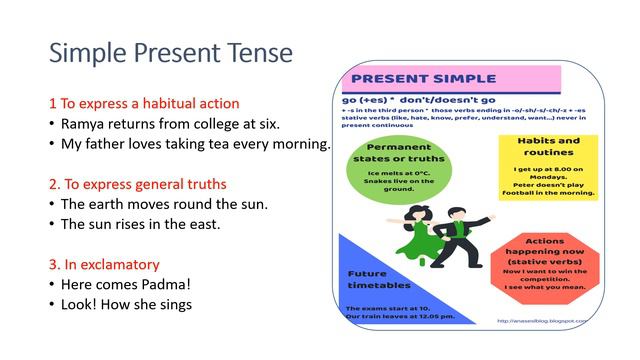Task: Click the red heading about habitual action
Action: point(144,103)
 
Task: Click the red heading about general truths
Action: point(137,184)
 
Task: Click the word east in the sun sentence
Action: point(205,224)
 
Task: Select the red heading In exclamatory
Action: point(104,264)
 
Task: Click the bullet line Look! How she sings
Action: point(125,304)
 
